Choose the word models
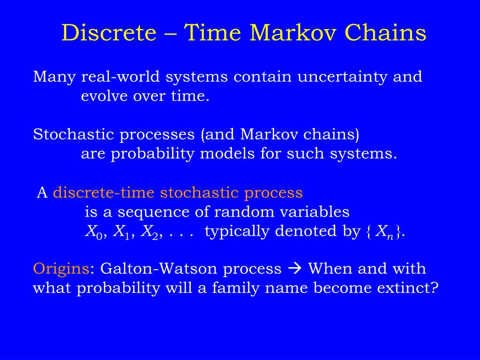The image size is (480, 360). (227, 154)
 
